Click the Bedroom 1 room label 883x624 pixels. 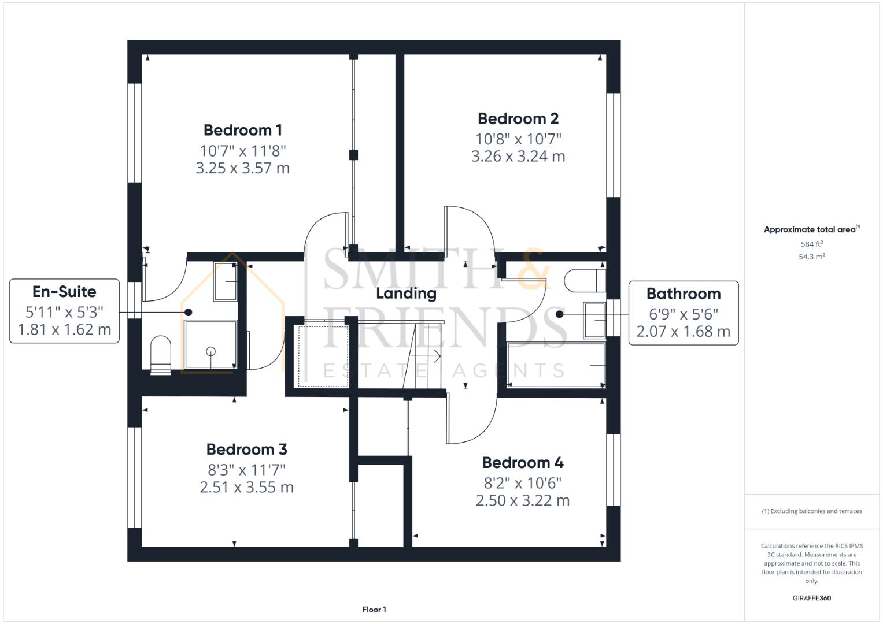click(x=242, y=130)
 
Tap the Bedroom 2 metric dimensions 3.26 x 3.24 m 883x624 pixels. click(x=518, y=157)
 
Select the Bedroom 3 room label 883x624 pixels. click(x=246, y=450)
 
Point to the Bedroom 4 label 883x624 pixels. click(x=523, y=463)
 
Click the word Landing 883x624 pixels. click(x=406, y=294)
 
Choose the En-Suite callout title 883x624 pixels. click(x=64, y=292)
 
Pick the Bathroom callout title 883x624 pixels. click(x=684, y=294)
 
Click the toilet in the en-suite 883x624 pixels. click(x=161, y=354)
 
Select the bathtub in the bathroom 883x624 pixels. click(x=555, y=365)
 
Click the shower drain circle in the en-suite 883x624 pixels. click(x=210, y=351)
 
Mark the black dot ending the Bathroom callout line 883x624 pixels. click(x=559, y=314)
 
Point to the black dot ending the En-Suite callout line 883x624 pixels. click(x=188, y=312)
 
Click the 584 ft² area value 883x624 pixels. click(x=812, y=244)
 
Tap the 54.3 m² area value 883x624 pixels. click(x=812, y=257)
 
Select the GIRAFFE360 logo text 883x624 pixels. click(x=811, y=598)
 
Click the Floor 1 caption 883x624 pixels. click(x=374, y=610)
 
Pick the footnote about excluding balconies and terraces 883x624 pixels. click(x=812, y=511)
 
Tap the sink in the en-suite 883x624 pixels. click(x=225, y=281)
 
